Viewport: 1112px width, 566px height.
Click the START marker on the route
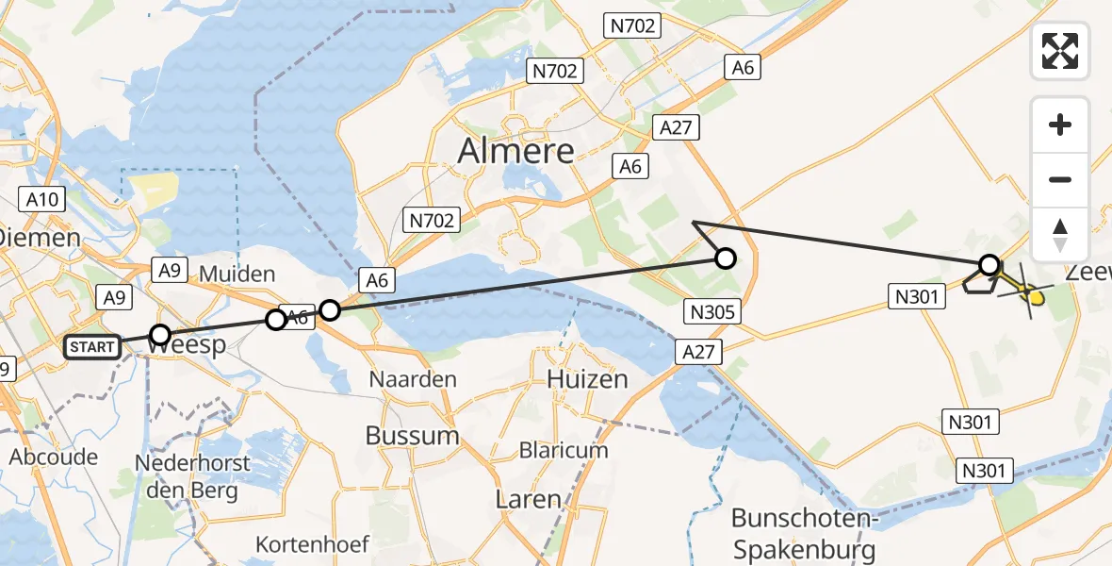92,347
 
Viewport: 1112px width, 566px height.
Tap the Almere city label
515,151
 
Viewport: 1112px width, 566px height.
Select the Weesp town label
188,345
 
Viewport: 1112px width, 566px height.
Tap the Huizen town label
586,379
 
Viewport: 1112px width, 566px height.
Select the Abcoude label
54,458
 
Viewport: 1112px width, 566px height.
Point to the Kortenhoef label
313,544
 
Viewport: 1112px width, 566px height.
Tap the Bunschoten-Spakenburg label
804,533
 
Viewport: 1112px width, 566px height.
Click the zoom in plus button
1060,125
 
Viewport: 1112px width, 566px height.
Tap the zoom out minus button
1060,179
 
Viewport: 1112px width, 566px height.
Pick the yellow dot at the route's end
1036,299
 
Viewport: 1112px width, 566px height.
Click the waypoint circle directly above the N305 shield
725,258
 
